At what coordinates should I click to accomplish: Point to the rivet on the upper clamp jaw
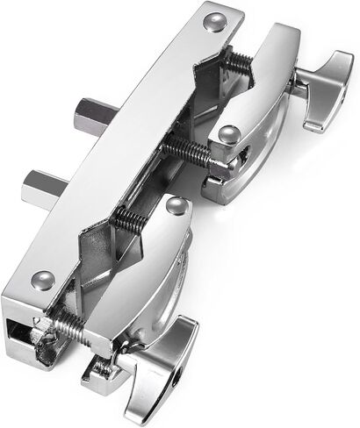pyautogui.click(x=229, y=133)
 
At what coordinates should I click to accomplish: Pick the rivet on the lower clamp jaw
pyautogui.click(x=177, y=207)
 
